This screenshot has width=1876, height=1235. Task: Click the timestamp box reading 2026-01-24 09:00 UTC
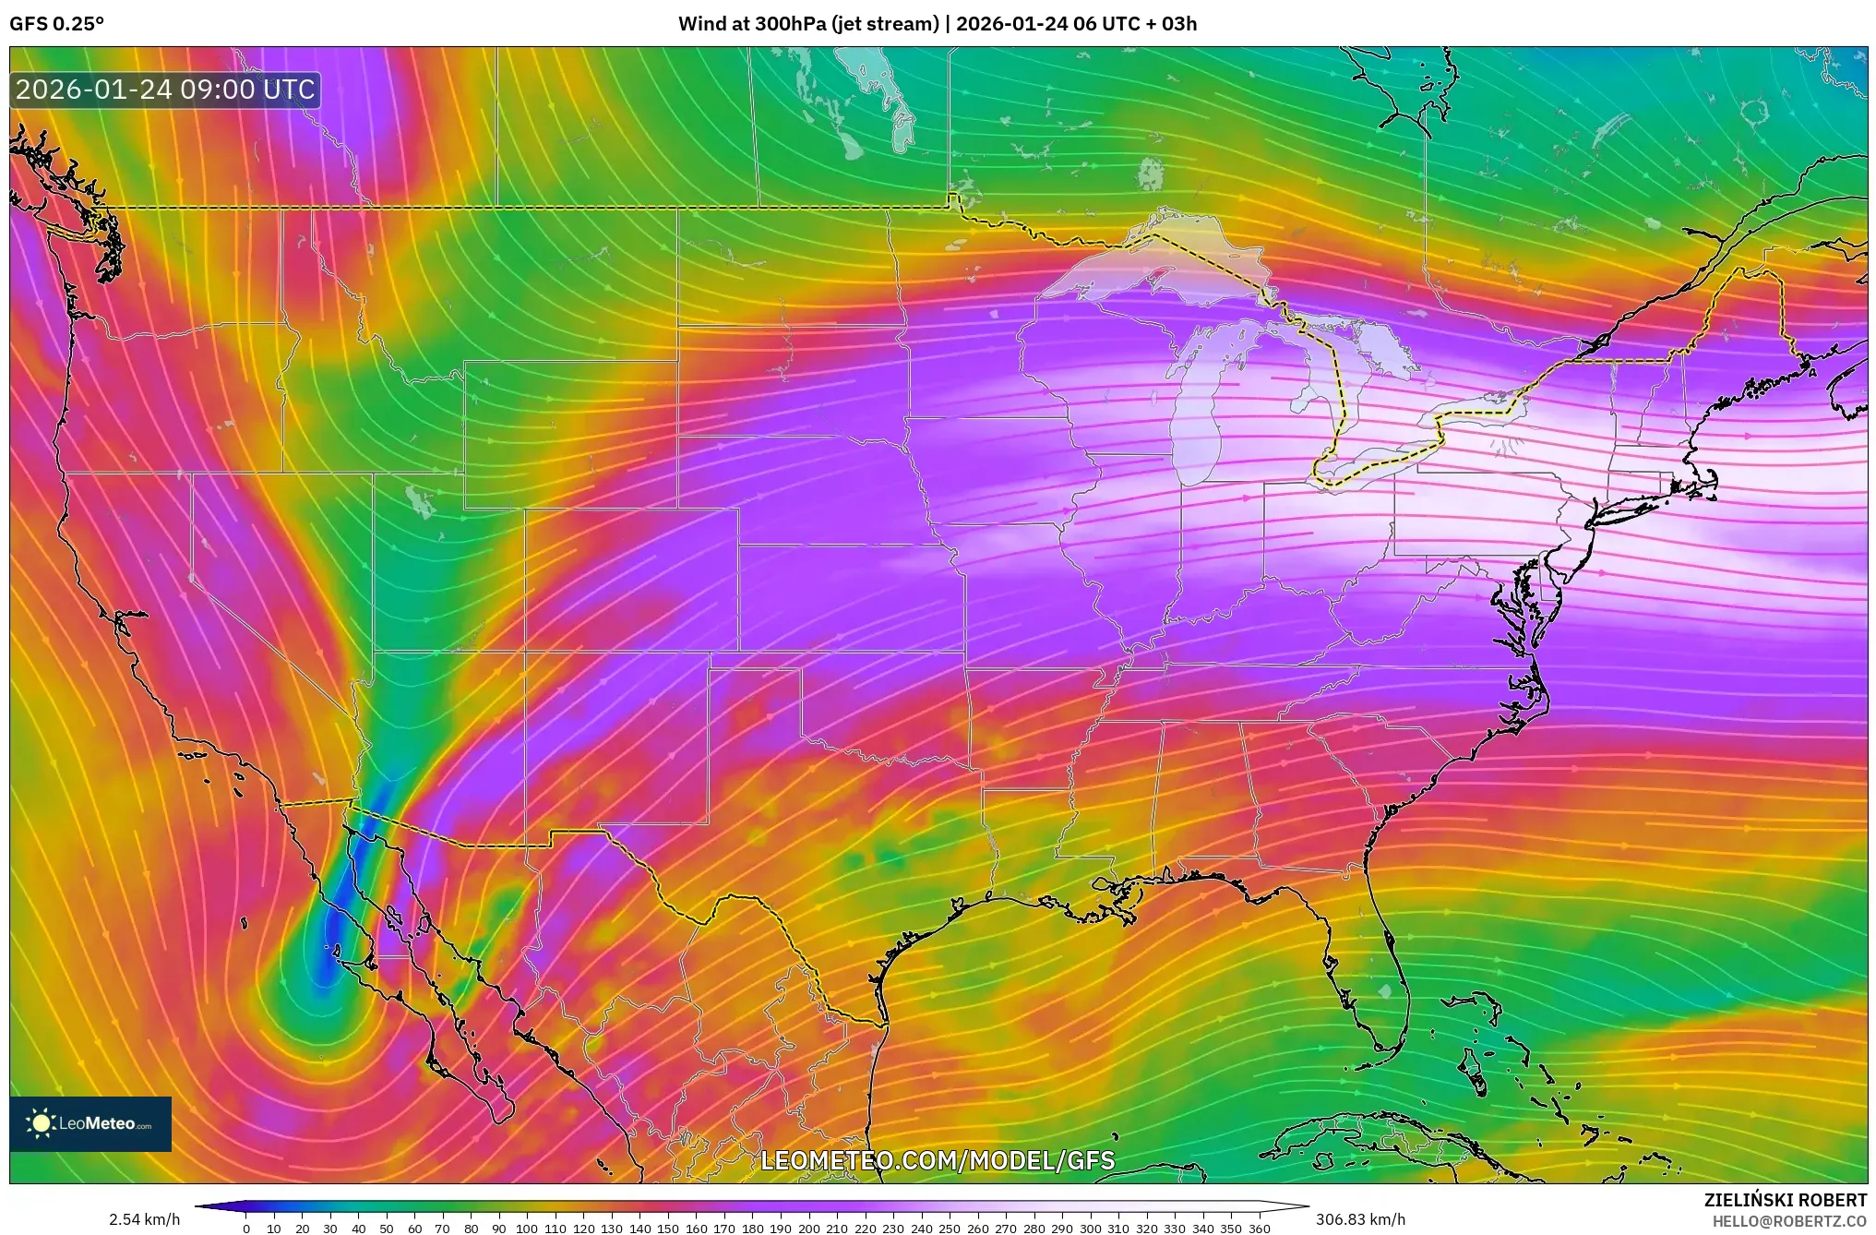165,90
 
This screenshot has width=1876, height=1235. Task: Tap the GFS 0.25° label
56,24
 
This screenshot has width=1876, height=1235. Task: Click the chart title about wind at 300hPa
937,24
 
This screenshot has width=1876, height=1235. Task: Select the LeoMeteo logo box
90,1123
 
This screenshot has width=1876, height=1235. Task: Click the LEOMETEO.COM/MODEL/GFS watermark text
937,1160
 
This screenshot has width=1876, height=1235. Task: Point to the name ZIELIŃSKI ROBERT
1785,1200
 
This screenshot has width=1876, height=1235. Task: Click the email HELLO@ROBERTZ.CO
1789,1221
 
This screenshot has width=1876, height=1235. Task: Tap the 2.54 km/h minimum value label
144,1219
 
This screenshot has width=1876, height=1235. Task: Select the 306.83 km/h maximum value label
1360,1219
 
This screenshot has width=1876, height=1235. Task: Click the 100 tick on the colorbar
527,1228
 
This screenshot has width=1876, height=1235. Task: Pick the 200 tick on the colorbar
808,1228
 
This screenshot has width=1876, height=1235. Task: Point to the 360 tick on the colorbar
1259,1228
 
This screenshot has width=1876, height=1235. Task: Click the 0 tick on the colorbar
246,1228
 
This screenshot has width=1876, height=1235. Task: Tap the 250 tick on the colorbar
950,1228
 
